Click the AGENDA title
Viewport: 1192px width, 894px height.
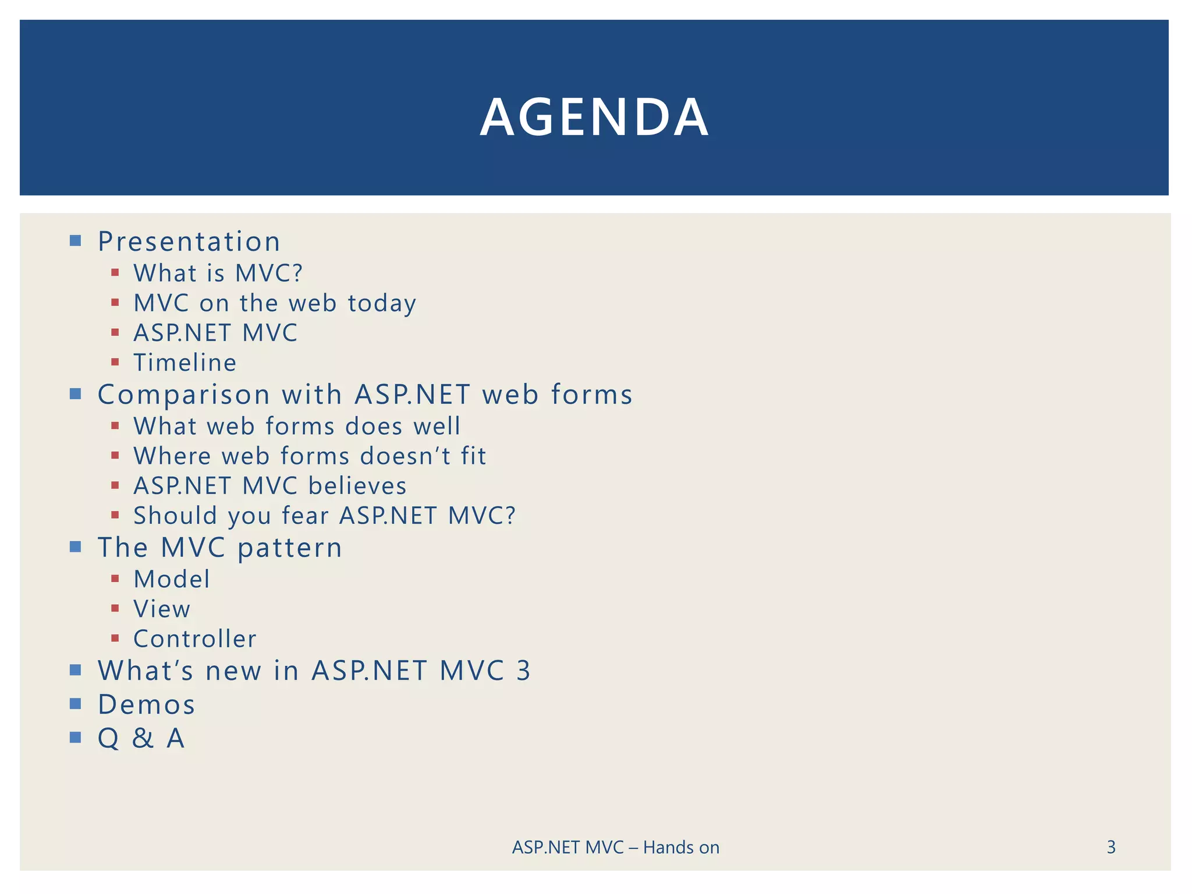[594, 117]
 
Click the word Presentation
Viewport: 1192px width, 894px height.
[189, 242]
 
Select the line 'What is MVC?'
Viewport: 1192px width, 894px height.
[218, 273]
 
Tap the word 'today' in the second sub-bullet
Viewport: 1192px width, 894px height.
[382, 303]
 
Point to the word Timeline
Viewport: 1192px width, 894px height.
[185, 363]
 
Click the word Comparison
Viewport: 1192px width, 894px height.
[184, 395]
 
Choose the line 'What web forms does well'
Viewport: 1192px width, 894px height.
[297, 426]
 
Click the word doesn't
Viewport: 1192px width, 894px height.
[405, 456]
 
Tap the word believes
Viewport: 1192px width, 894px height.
[357, 486]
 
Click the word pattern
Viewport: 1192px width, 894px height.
[290, 548]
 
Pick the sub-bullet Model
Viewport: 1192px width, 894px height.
[172, 579]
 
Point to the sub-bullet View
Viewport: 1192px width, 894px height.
[162, 609]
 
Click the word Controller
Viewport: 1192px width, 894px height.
[195, 639]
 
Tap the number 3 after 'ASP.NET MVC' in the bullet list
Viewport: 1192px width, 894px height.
[523, 670]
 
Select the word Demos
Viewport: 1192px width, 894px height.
[146, 705]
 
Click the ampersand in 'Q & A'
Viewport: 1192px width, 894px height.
[143, 738]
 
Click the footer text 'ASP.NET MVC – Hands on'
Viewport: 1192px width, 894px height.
[615, 847]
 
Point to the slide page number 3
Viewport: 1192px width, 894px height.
[1111, 847]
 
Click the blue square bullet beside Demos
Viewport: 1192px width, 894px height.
[75, 704]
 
